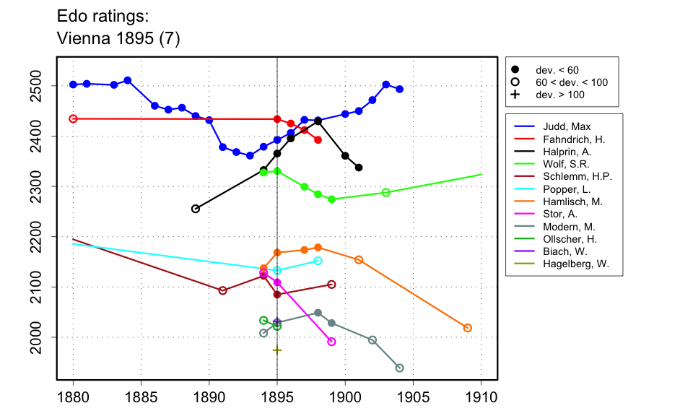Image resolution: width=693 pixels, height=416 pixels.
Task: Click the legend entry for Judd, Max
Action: tap(555, 127)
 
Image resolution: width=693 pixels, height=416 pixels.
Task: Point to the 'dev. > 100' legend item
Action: tap(559, 95)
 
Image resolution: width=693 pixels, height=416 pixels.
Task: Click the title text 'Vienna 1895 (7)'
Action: tap(118, 39)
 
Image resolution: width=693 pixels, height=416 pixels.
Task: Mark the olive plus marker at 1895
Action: tap(277, 350)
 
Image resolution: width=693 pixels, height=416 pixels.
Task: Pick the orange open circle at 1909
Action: tap(468, 328)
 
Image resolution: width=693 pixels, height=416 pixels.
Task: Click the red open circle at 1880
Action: tap(73, 118)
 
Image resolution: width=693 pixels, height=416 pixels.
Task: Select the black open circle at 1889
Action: tap(196, 209)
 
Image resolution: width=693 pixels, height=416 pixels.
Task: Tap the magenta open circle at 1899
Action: tap(331, 342)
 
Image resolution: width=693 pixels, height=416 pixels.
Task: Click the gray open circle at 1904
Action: tap(400, 368)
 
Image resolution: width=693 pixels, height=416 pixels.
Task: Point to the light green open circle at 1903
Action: tap(386, 193)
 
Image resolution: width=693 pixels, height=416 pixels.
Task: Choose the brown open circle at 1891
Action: tap(222, 290)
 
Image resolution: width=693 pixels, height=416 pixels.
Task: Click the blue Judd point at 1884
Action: tap(127, 80)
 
